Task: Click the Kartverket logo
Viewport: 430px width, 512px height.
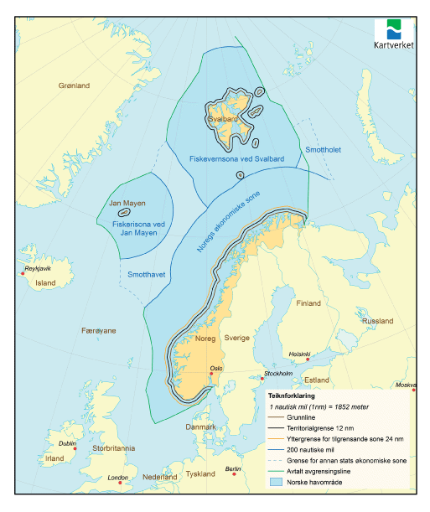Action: (x=393, y=34)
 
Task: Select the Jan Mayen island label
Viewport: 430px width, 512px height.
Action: (x=127, y=204)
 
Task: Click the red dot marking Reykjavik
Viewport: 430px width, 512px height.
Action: (x=23, y=274)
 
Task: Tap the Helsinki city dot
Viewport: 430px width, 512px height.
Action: (x=308, y=360)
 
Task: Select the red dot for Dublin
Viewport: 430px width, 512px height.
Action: (x=76, y=448)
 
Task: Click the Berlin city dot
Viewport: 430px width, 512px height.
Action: (x=235, y=474)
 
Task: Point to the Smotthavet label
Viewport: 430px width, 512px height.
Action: (x=145, y=274)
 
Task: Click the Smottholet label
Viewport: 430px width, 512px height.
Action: (x=322, y=150)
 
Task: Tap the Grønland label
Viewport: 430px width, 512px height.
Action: (x=74, y=85)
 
